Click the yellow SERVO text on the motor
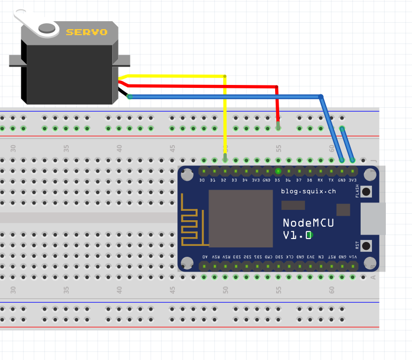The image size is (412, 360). [x=86, y=32]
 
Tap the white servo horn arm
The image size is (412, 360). [x=30, y=21]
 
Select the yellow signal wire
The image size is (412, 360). [x=225, y=119]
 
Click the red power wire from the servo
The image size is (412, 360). [x=198, y=86]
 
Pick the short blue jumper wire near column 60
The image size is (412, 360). [x=347, y=144]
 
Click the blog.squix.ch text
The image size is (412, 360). [x=309, y=191]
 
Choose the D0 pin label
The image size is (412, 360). [x=202, y=181]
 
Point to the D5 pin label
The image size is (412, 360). [x=277, y=181]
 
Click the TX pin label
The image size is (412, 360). [x=331, y=181]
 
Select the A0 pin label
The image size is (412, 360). [x=205, y=257]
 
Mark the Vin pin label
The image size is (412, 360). [x=353, y=257]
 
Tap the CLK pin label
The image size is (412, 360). [x=289, y=257]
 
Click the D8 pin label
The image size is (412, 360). [x=309, y=181]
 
